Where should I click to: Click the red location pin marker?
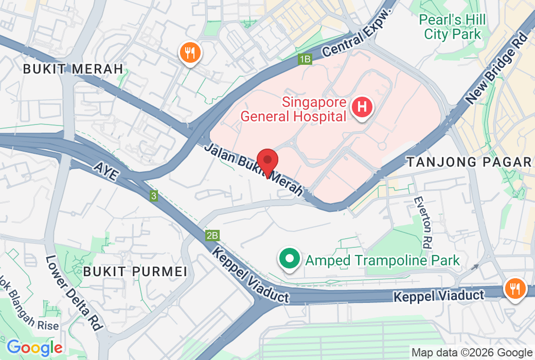(267, 161)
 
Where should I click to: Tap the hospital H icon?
(362, 107)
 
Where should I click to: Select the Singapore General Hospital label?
(293, 109)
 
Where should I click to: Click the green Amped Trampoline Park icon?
(289, 259)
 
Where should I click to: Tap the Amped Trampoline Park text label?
(382, 260)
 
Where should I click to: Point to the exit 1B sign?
(305, 60)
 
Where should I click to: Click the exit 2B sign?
(212, 236)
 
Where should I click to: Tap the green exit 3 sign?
(153, 195)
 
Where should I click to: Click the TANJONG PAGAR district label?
(469, 162)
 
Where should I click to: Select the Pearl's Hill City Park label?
(452, 27)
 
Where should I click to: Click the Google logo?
(34, 348)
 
